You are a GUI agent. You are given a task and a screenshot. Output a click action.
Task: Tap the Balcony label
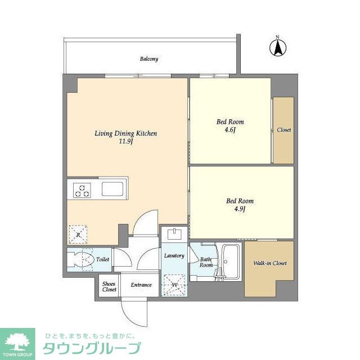click(148, 59)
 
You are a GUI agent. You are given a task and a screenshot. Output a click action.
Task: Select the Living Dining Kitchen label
click(125, 134)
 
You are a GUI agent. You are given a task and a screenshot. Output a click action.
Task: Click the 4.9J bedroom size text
click(239, 209)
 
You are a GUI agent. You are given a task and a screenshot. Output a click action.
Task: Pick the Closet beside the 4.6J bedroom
click(283, 130)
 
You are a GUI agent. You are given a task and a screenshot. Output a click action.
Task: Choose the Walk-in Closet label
click(269, 263)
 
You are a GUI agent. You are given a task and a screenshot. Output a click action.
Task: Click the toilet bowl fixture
click(81, 260)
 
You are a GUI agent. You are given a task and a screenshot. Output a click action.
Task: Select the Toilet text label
click(102, 260)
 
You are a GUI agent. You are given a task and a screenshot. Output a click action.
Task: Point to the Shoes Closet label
click(109, 287)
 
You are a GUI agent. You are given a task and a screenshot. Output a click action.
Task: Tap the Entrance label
click(141, 285)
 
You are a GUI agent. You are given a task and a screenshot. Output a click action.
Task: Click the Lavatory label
click(174, 256)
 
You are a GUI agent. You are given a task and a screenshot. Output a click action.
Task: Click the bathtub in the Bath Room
click(229, 261)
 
